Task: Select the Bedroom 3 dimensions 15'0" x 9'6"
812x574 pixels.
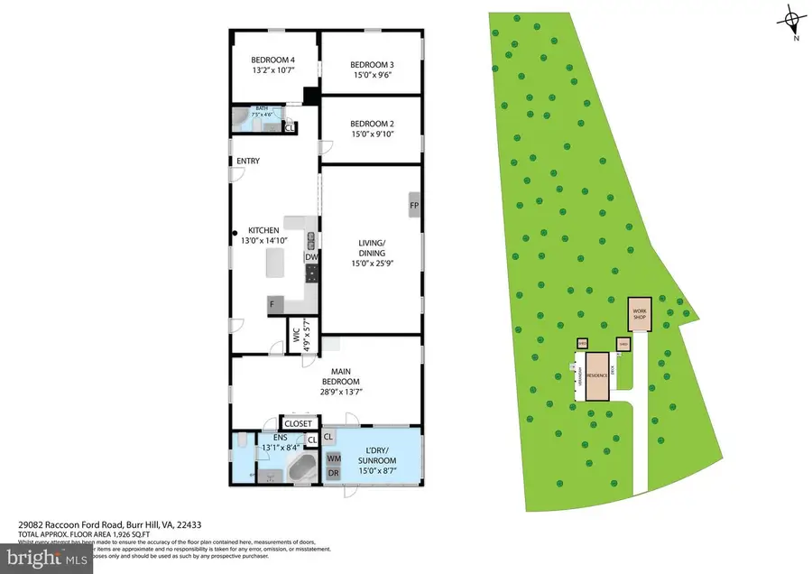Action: [x=372, y=76]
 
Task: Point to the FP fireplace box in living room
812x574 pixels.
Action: [x=414, y=205]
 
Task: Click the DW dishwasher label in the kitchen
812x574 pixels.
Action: [x=309, y=257]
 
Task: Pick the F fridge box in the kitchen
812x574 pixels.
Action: [x=271, y=305]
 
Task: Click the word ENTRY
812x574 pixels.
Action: [x=248, y=162]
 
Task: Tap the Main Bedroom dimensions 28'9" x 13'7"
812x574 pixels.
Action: [x=326, y=393]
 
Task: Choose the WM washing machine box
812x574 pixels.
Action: [x=333, y=458]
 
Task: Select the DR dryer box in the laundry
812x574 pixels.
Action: [x=333, y=473]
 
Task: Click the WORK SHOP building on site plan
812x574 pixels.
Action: [x=640, y=314]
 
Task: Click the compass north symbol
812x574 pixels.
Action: [x=792, y=18]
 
